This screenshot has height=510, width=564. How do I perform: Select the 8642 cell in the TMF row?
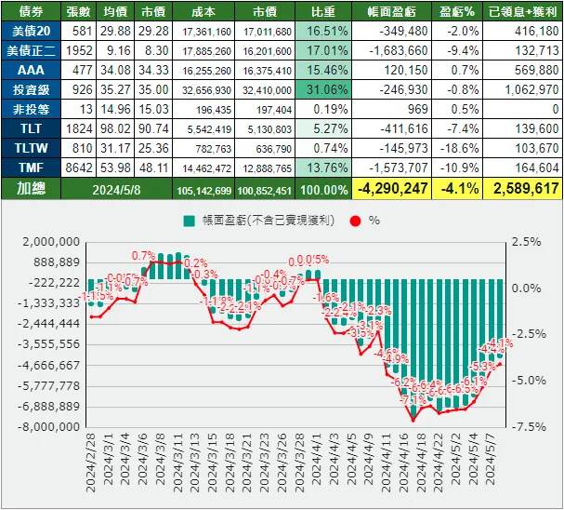pyautogui.click(x=78, y=168)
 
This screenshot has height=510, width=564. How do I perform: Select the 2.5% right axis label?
pyautogui.click(x=527, y=242)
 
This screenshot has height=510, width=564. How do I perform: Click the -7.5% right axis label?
pyautogui.click(x=525, y=427)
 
